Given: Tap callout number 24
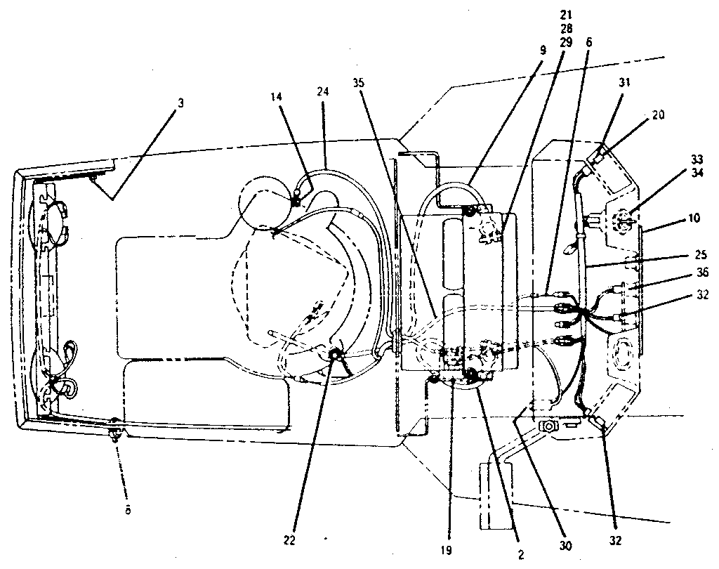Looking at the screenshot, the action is click(x=322, y=91).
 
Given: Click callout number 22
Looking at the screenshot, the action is click(x=290, y=540).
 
